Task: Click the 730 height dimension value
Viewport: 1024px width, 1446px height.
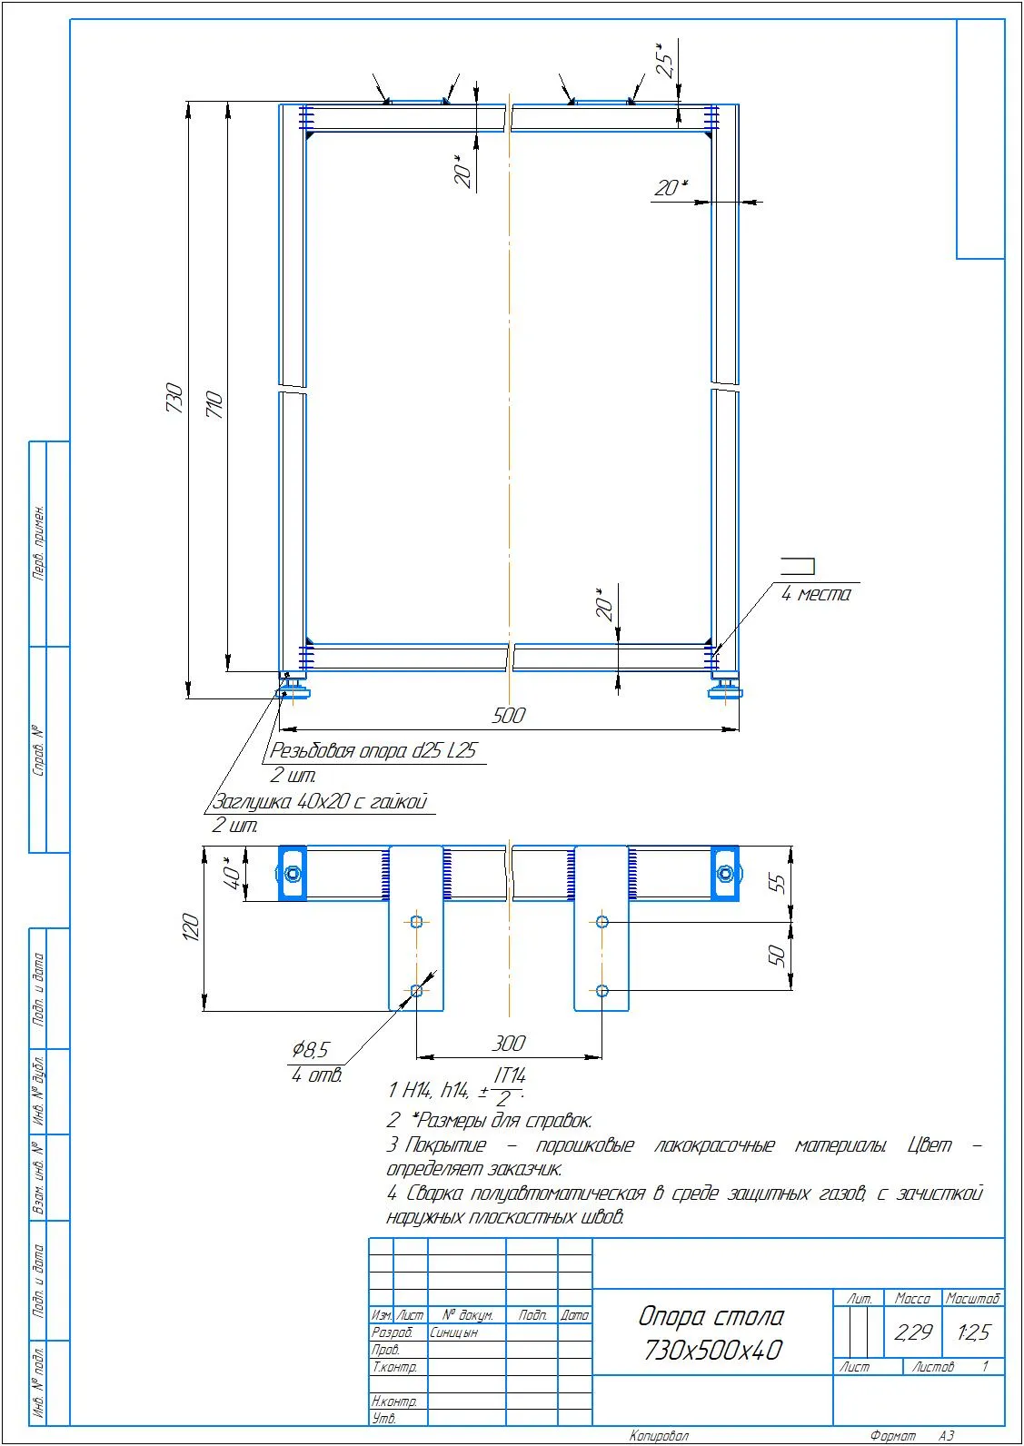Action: coord(174,399)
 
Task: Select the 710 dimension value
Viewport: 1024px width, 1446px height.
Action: coord(214,405)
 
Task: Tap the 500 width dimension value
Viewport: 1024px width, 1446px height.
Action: coord(509,715)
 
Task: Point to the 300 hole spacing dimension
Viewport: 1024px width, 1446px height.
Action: coord(509,1044)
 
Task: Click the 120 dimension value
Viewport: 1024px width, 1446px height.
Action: coord(191,927)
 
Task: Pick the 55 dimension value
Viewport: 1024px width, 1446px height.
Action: coord(778,883)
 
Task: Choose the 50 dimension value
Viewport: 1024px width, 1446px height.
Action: coord(778,956)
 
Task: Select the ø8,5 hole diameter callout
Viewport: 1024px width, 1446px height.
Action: coord(310,1050)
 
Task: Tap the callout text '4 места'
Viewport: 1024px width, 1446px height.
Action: coord(816,594)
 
